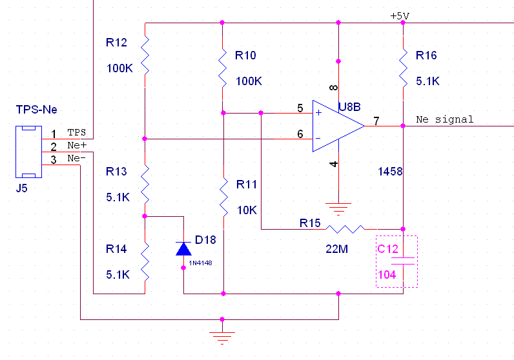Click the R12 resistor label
(x=116, y=43)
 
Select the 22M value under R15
(x=336, y=249)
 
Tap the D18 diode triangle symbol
(x=183, y=248)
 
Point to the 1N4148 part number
(x=200, y=263)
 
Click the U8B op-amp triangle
(x=338, y=126)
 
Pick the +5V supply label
(x=400, y=15)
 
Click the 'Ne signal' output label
(x=444, y=119)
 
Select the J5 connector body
(x=29, y=152)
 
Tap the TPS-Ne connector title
(x=36, y=110)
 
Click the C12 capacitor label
(x=387, y=249)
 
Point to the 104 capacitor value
(x=387, y=274)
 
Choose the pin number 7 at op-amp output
(x=376, y=121)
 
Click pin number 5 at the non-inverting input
(x=300, y=108)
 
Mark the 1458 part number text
(x=390, y=172)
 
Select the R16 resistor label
(x=426, y=55)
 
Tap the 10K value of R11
(x=247, y=210)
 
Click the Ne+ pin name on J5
(x=77, y=145)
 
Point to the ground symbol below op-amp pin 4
(x=338, y=209)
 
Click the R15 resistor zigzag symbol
(x=345, y=229)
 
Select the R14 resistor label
(x=116, y=249)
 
